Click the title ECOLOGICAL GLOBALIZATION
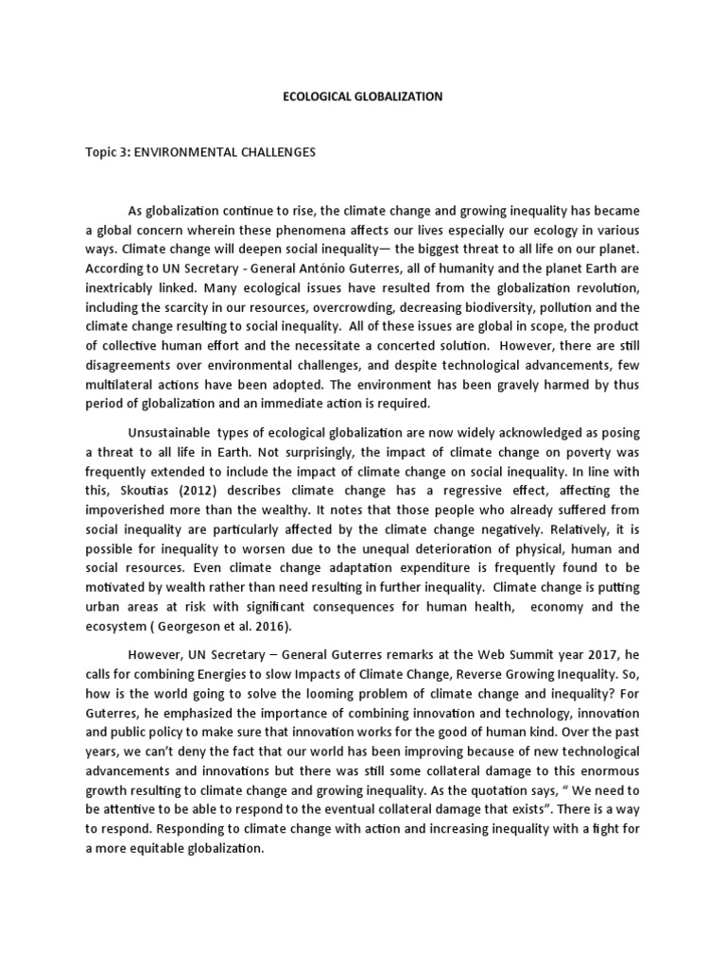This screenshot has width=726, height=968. click(362, 96)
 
